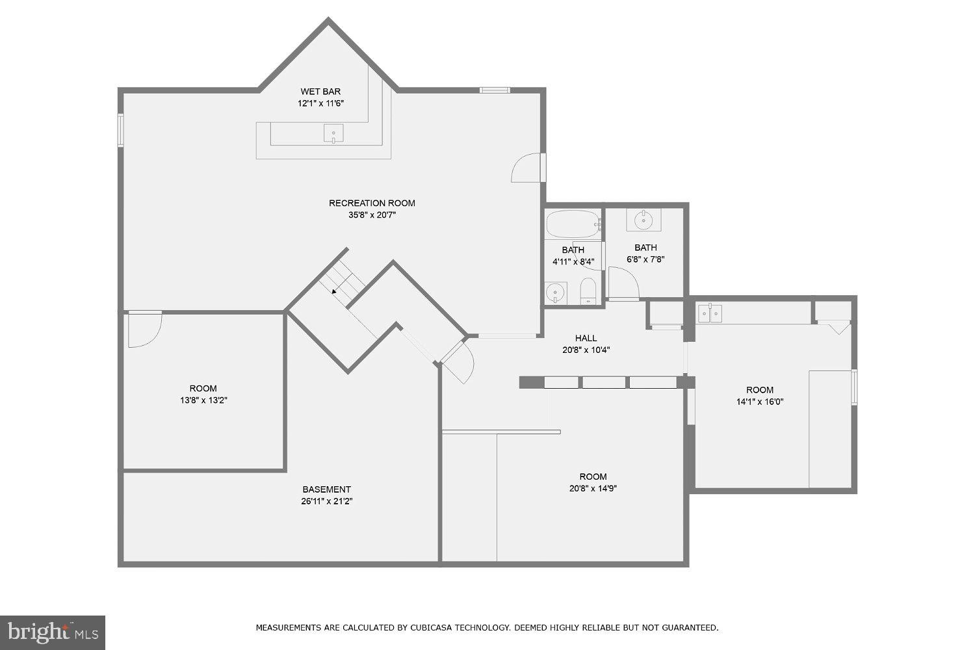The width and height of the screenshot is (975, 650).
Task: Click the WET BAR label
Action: tap(320, 92)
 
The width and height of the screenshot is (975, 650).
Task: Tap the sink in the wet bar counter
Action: tap(333, 134)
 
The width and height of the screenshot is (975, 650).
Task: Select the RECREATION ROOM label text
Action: tap(372, 203)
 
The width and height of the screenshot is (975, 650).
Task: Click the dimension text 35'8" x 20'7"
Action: tap(372, 214)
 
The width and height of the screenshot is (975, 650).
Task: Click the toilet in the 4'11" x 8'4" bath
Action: tap(588, 292)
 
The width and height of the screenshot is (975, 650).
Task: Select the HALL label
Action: tap(586, 338)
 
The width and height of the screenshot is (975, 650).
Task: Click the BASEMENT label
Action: tap(326, 489)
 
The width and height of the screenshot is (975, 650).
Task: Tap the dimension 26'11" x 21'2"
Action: tap(326, 501)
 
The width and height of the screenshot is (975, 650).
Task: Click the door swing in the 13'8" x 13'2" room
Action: tap(143, 330)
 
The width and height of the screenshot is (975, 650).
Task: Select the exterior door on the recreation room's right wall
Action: tap(528, 168)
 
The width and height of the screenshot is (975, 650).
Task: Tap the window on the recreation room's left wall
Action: tap(120, 129)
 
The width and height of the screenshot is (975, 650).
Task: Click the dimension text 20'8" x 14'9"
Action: tap(593, 488)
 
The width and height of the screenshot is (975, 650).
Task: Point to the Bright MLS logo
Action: tap(52, 632)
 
